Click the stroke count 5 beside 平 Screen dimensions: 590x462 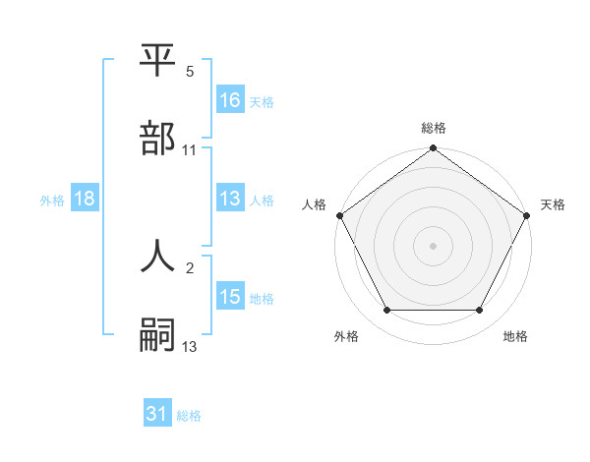point(190,72)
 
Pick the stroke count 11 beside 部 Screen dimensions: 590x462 point(190,149)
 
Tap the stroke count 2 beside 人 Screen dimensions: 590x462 point(190,266)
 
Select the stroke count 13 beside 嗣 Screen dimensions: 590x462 point(190,345)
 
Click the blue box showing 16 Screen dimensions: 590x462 point(230,100)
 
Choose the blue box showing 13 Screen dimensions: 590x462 point(230,199)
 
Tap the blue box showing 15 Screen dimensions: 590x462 point(230,297)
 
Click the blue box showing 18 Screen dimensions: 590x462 point(85,199)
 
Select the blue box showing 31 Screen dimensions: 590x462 point(157,415)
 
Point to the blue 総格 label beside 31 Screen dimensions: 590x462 point(189,416)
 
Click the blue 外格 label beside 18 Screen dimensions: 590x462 point(52,200)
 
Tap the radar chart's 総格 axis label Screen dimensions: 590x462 point(434,129)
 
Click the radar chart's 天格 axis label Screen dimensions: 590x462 point(553,204)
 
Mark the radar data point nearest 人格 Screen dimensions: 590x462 point(339,215)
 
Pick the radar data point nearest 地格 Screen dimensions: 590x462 point(480,311)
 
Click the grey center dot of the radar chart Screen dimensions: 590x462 point(434,246)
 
